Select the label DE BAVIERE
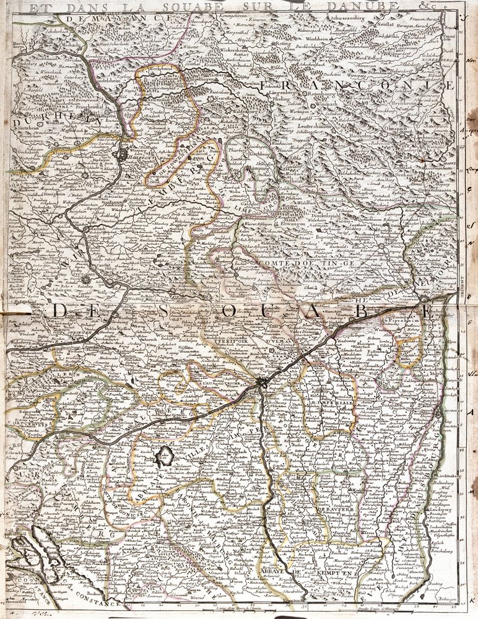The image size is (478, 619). point(335,509)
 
